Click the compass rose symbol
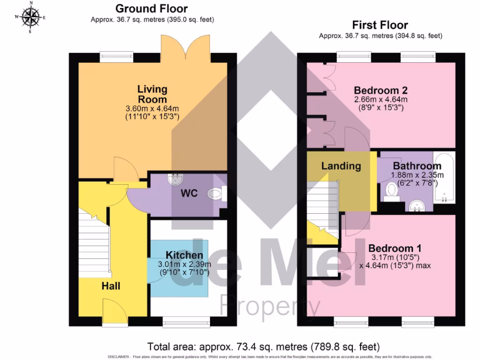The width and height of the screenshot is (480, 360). point(31,17)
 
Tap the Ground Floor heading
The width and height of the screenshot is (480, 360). point(151,8)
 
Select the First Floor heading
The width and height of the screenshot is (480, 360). point(380,25)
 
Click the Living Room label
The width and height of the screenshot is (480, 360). point(152,94)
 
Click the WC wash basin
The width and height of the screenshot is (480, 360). point(177,179)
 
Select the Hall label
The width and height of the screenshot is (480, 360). point(111,285)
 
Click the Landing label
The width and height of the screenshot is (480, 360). point(341,165)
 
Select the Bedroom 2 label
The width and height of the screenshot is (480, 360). point(380,90)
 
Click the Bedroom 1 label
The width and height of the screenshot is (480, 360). point(395,248)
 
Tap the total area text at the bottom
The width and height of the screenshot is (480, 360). point(263,347)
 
